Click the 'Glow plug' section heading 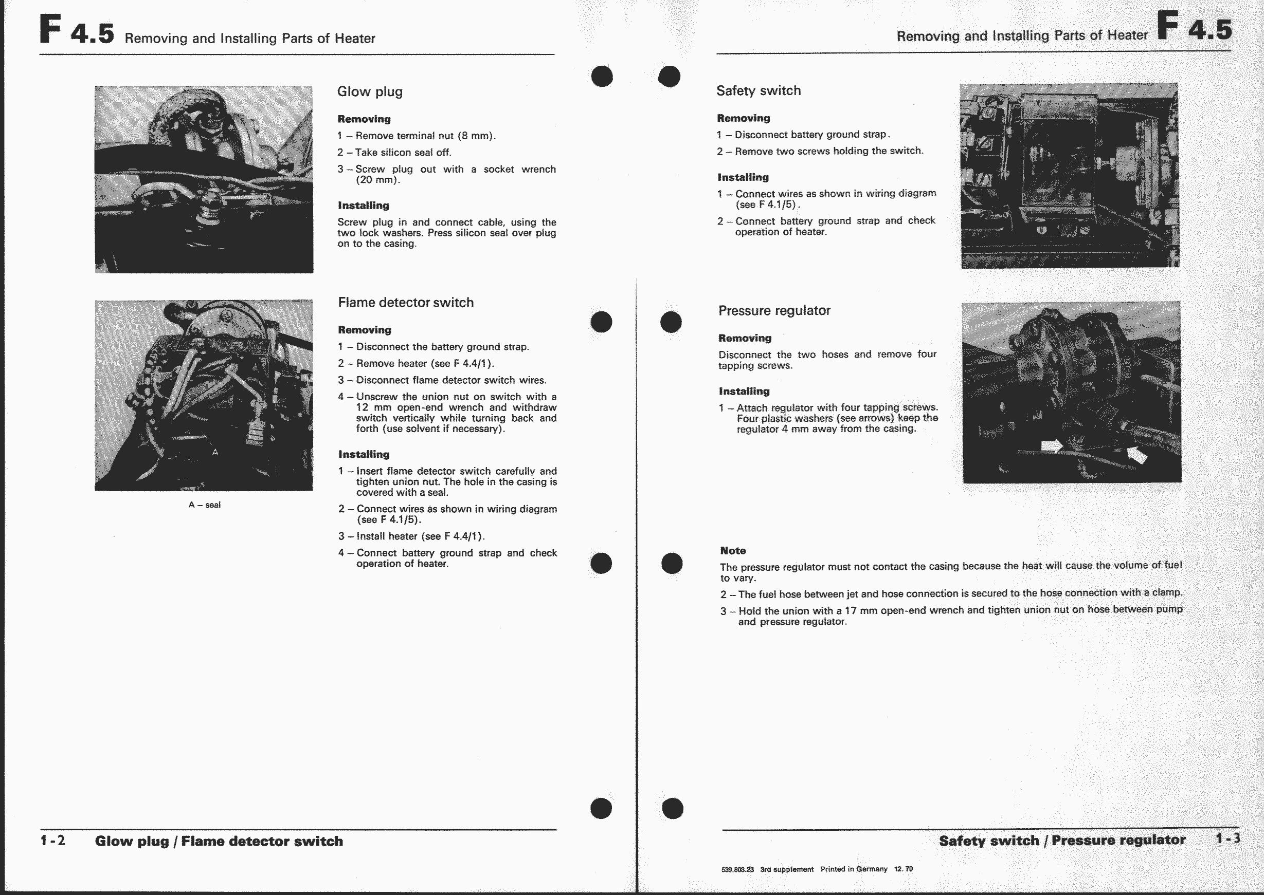point(370,91)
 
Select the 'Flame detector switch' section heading point(405,303)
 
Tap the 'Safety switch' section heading point(759,90)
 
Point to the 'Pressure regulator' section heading point(774,310)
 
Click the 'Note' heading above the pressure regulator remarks point(732,551)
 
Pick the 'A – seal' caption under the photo point(204,505)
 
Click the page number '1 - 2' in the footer point(53,841)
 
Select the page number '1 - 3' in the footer point(1227,838)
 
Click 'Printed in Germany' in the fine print point(854,869)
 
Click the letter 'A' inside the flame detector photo point(215,453)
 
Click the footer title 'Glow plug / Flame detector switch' point(219,841)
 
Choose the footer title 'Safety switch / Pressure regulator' point(1062,841)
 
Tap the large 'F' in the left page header point(50,30)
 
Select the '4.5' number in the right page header point(1210,30)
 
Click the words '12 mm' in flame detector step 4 point(373,407)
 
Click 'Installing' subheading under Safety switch point(743,177)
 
